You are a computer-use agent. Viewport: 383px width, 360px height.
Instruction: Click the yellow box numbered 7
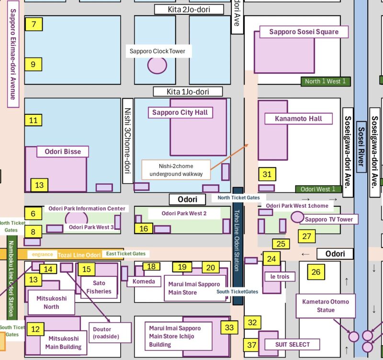pyautogui.click(x=34, y=24)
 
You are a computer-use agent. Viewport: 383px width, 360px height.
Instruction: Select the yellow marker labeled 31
pyautogui.click(x=267, y=175)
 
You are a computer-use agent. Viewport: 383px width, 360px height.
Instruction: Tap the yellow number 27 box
pyautogui.click(x=306, y=236)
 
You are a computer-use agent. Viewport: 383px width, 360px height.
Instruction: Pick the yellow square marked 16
pyautogui.click(x=144, y=229)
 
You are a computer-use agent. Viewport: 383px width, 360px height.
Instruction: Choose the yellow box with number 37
pyautogui.click(x=251, y=345)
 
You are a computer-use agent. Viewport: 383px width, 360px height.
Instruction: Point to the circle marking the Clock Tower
pyautogui.click(x=157, y=65)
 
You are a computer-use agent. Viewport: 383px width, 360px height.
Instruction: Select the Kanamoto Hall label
pyautogui.click(x=298, y=118)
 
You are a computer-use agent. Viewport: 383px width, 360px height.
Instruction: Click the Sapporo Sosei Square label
pyautogui.click(x=304, y=32)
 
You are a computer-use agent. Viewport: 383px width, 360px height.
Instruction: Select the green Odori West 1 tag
pyautogui.click(x=319, y=189)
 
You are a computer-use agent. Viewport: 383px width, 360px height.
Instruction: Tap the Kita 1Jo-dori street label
pyautogui.click(x=188, y=91)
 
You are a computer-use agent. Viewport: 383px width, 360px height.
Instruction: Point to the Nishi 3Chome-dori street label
pyautogui.click(x=127, y=141)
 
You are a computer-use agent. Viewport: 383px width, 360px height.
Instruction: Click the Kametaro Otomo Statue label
pyautogui.click(x=326, y=306)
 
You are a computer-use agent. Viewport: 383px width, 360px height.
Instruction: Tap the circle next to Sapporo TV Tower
pyautogui.click(x=297, y=217)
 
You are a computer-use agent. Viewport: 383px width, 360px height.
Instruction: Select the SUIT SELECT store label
pyautogui.click(x=292, y=344)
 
